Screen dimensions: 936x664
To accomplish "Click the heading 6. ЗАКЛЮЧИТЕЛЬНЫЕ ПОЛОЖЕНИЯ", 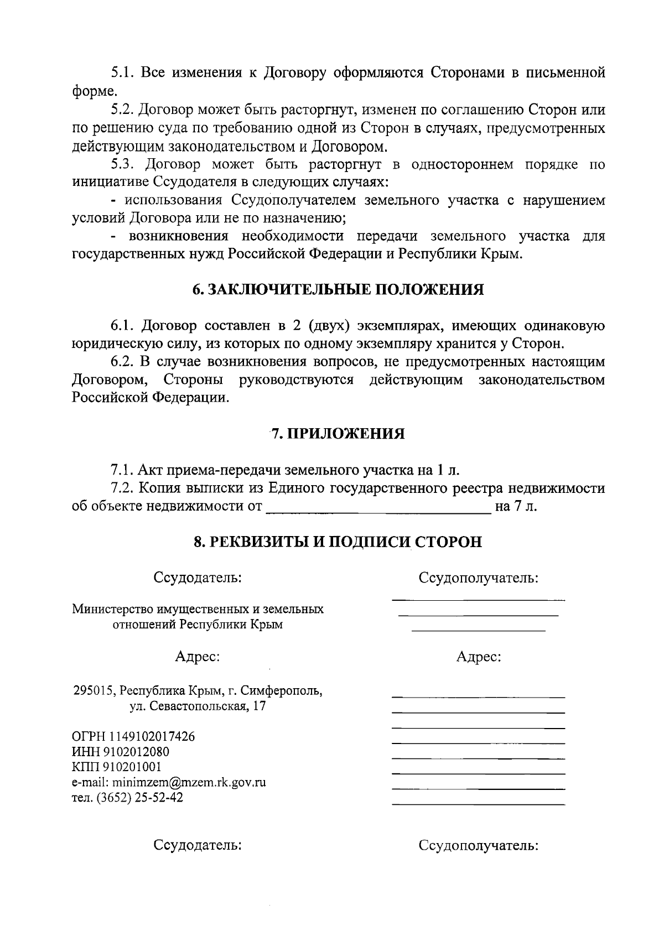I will click(x=338, y=290).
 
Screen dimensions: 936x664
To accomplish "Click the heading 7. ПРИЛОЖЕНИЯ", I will click(x=338, y=434).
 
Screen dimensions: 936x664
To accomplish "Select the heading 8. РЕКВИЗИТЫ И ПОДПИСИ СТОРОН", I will click(x=338, y=542).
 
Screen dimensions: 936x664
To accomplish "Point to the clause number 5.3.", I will click(x=123, y=164).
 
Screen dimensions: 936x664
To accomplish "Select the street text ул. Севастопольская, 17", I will click(x=198, y=706).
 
